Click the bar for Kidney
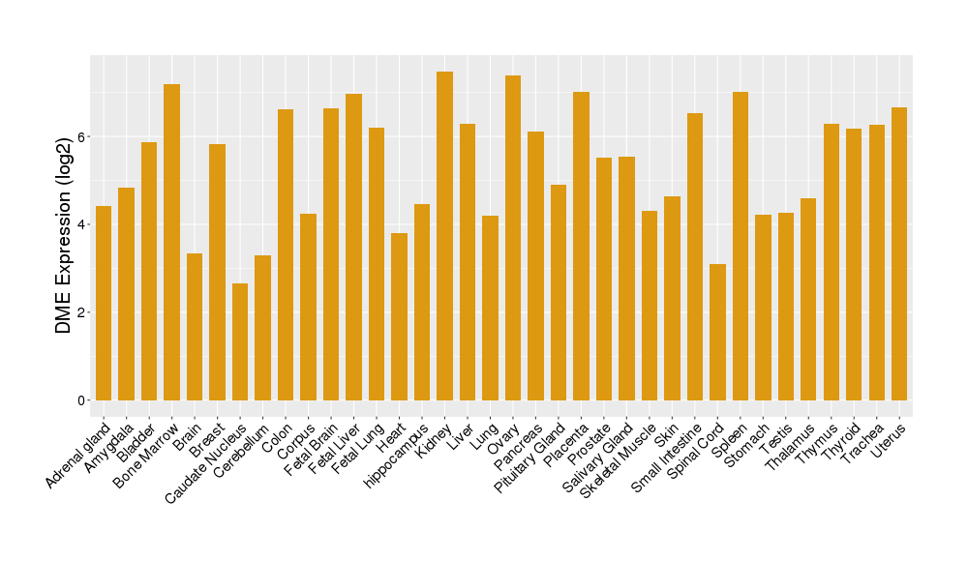pos(444,236)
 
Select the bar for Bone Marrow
pos(171,242)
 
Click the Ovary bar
pos(513,238)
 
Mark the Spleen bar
pos(741,246)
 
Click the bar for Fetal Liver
pos(353,247)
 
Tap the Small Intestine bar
pos(695,256)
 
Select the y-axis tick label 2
pos(82,312)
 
